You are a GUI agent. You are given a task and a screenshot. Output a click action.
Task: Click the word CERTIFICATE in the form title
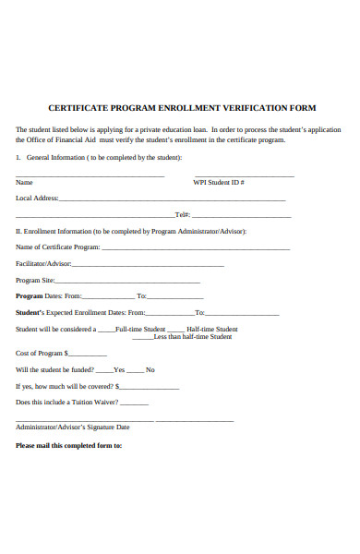point(81,108)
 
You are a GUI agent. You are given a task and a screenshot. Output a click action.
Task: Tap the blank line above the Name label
point(90,175)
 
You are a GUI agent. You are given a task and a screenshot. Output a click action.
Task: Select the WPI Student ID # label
point(219,183)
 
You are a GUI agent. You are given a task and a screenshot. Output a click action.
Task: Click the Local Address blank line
point(172,199)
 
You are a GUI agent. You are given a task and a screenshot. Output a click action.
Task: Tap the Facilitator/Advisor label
point(44,264)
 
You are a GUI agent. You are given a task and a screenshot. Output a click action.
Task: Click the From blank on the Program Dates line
point(108,298)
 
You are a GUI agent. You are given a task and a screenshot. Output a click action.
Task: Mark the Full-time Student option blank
point(106,331)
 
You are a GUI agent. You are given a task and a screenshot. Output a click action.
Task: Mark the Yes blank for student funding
point(103,371)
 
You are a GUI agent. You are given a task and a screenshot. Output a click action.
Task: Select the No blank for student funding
point(138,371)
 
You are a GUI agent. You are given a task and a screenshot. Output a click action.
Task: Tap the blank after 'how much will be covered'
point(136,388)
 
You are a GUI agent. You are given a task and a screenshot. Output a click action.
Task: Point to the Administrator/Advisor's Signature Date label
point(73,428)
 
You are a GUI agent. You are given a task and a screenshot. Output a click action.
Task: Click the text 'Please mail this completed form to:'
point(69,446)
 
